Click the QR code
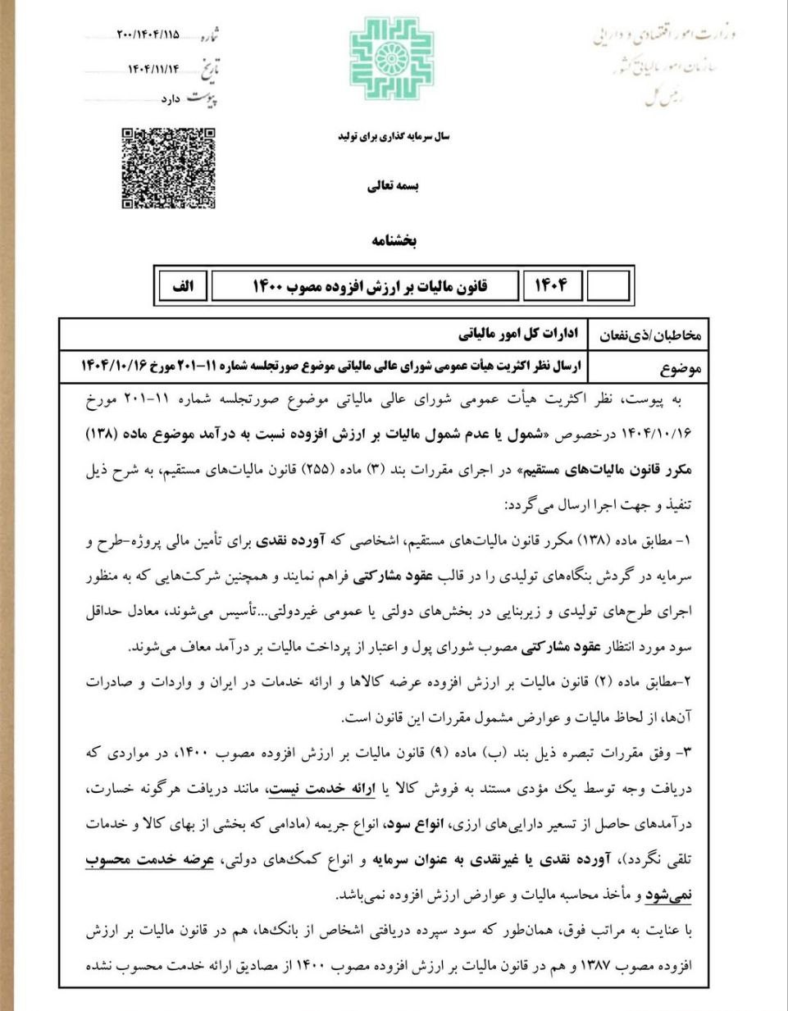tap(169, 168)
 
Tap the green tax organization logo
tap(391, 58)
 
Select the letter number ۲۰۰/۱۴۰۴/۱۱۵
tap(148, 35)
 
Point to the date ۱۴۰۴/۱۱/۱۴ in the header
tap(153, 69)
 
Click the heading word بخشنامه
tap(394, 240)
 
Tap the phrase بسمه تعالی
tap(393, 186)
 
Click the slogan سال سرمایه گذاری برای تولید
tap(394, 137)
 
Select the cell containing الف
tap(182, 286)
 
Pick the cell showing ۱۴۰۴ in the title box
tap(551, 286)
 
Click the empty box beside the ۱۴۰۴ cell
tap(608, 286)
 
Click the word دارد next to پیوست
tap(170, 99)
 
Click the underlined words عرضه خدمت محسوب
tap(150, 859)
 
